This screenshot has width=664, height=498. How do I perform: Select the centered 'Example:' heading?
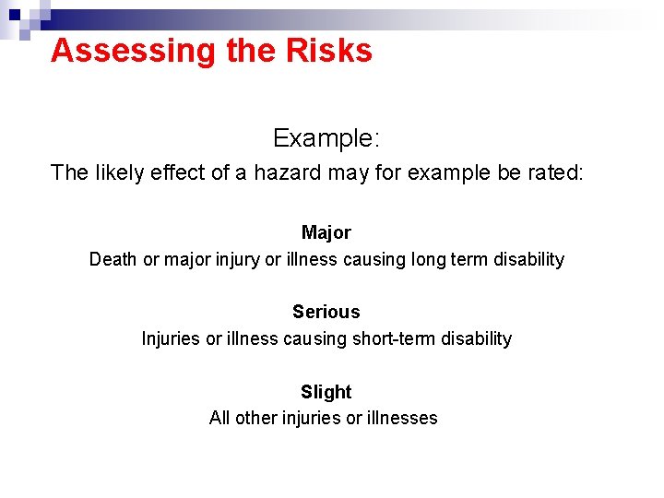tap(326, 139)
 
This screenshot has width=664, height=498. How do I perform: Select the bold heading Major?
tap(326, 232)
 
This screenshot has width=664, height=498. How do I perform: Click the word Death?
tap(113, 260)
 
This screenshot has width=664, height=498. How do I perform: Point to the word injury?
tap(238, 260)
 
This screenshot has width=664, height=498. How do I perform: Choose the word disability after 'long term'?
tap(523, 260)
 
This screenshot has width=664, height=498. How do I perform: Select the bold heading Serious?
tap(326, 312)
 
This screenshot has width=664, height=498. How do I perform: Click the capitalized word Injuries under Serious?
tap(171, 339)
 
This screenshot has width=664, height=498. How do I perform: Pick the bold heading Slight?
tap(326, 392)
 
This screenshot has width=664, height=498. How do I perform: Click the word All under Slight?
tap(219, 419)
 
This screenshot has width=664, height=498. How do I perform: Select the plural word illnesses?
tap(403, 419)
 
